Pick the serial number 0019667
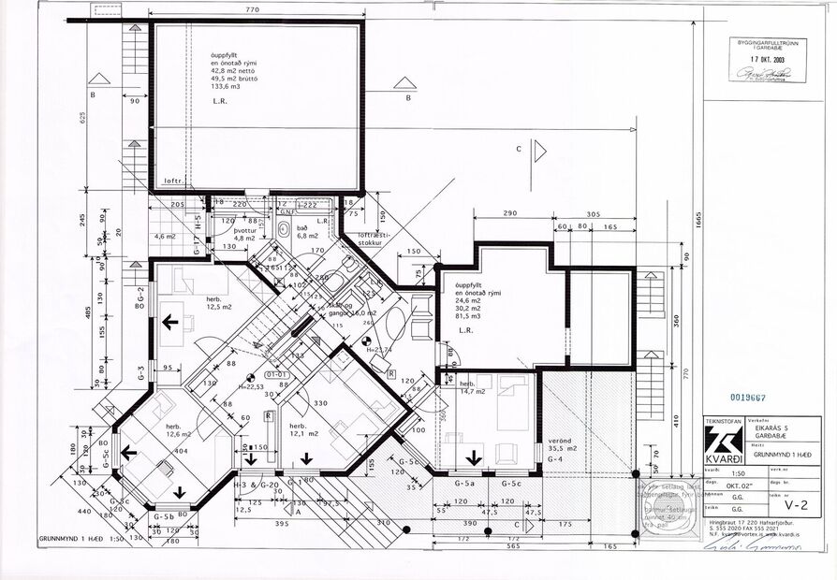coord(744,398)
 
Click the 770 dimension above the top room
coord(251,10)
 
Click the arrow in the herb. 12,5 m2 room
coord(170,323)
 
